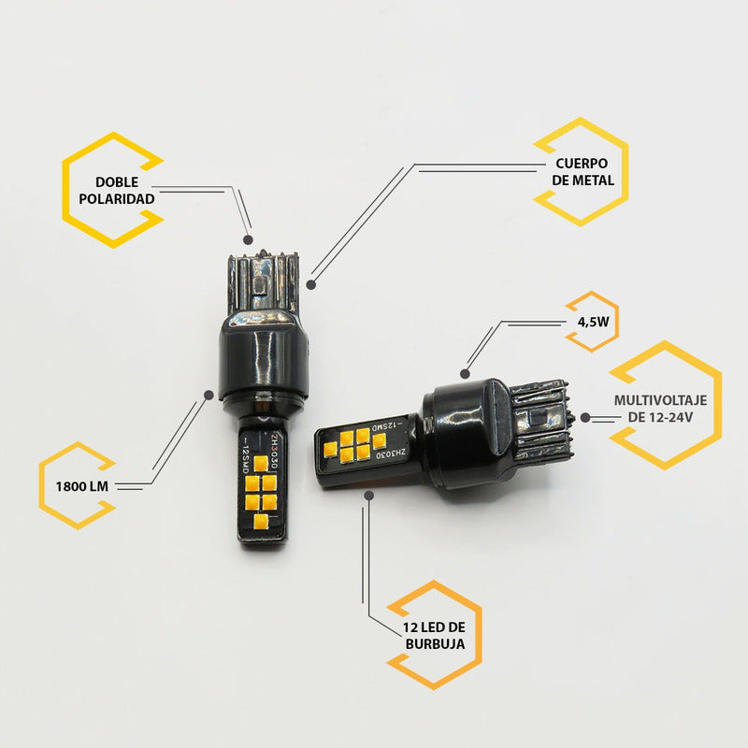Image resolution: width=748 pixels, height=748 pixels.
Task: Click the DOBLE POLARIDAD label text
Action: [x=117, y=191]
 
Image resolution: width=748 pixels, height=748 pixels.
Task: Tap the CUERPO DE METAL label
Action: [x=583, y=172]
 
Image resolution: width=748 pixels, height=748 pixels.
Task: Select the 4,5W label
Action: [x=594, y=322]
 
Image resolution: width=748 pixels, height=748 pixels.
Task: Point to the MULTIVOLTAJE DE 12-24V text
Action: [x=660, y=409]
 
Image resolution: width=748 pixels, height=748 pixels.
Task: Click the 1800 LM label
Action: [x=82, y=486]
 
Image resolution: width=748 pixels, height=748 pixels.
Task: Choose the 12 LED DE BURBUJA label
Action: [x=434, y=636]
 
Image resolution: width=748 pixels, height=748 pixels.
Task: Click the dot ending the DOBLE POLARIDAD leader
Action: [x=248, y=239]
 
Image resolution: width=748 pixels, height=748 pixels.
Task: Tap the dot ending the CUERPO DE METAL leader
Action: [x=311, y=285]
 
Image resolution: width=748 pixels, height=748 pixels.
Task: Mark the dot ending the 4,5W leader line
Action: [x=465, y=373]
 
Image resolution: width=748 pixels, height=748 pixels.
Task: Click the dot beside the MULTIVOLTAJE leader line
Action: [x=585, y=417]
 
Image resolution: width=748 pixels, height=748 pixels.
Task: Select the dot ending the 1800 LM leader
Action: [x=209, y=395]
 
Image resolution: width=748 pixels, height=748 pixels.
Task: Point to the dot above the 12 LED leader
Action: [x=368, y=496]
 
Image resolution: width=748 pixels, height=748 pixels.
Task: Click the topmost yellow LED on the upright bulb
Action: [x=261, y=464]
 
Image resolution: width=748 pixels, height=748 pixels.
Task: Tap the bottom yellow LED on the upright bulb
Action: [x=261, y=522]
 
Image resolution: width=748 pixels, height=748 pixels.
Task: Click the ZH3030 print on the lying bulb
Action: [x=390, y=454]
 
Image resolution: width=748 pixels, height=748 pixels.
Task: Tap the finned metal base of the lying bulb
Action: [x=541, y=419]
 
